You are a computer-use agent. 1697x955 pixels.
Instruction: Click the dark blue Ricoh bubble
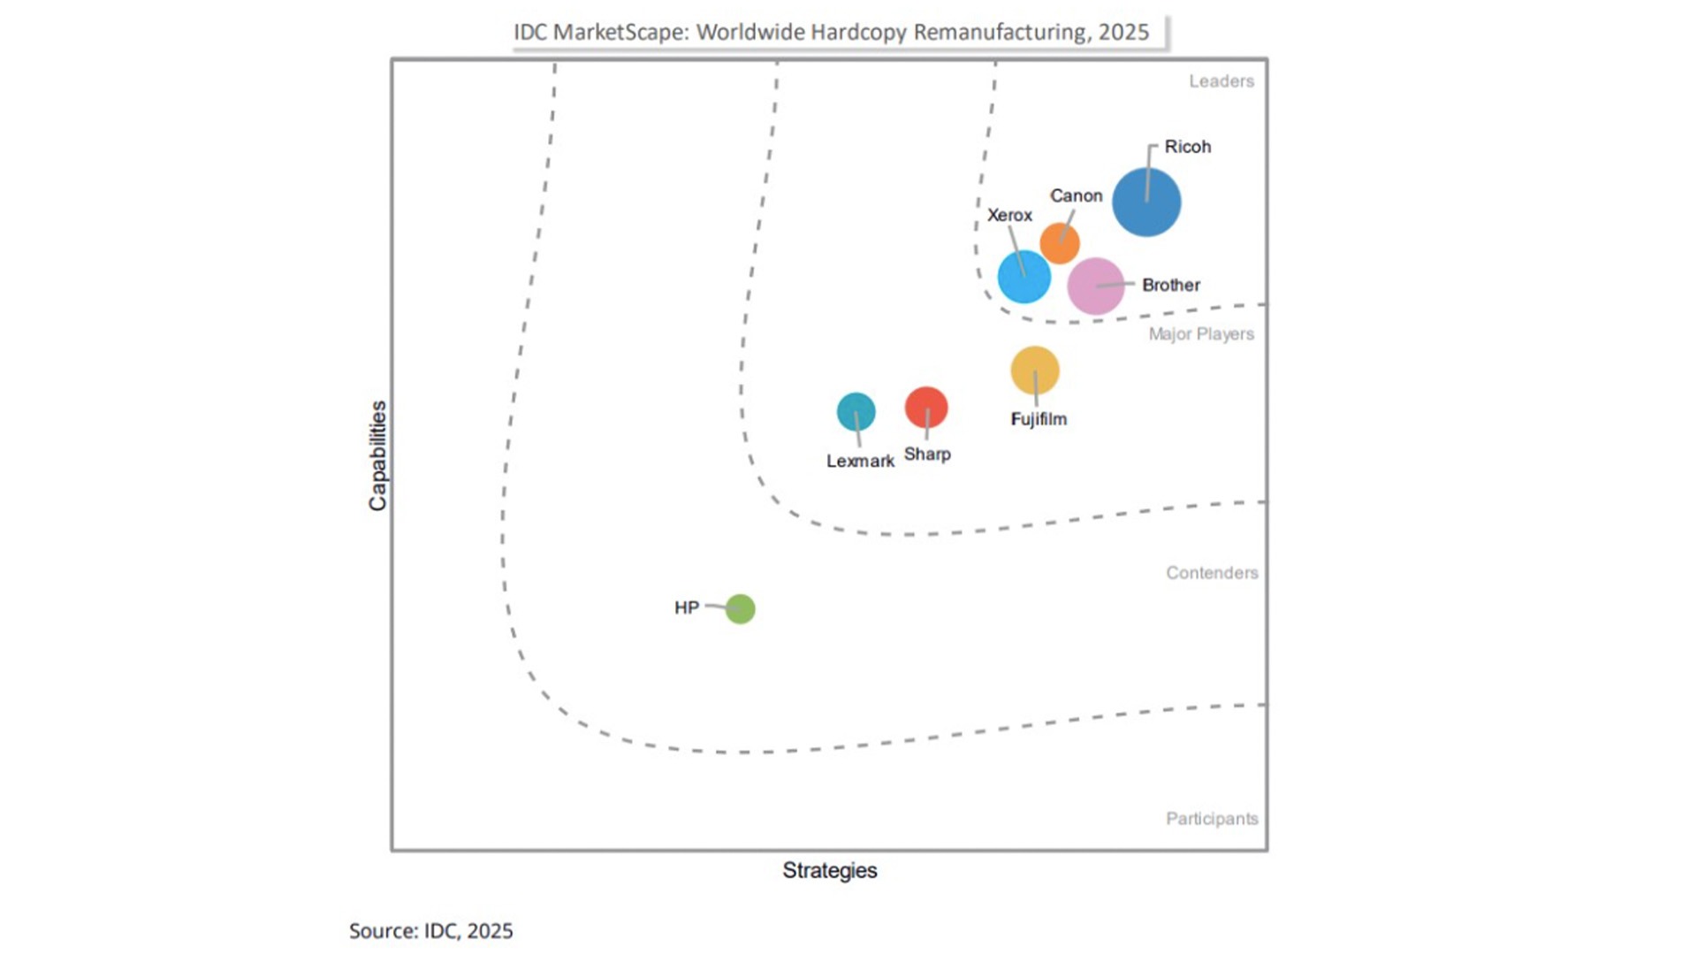click(x=1146, y=202)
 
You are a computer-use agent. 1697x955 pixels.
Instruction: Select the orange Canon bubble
click(x=1060, y=243)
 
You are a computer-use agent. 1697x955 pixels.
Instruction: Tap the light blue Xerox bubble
click(x=1024, y=277)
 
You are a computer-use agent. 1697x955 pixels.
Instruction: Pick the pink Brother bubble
click(x=1096, y=286)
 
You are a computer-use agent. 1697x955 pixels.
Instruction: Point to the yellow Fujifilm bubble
click(x=1035, y=371)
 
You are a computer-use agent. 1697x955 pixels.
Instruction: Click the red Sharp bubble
click(x=926, y=408)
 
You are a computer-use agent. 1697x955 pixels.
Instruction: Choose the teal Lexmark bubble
click(x=856, y=412)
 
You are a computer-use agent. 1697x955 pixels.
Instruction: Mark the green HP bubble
click(x=741, y=609)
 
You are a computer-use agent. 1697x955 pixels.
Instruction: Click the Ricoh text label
click(x=1188, y=147)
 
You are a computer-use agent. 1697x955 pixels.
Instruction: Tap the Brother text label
click(x=1171, y=285)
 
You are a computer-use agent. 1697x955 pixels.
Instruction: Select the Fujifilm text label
click(x=1039, y=419)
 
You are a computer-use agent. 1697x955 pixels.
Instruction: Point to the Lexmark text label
click(x=860, y=461)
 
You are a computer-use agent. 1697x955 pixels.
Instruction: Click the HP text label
click(x=687, y=607)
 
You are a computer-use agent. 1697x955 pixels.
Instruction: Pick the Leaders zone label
click(x=1221, y=81)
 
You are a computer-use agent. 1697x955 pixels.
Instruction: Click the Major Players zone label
click(x=1201, y=334)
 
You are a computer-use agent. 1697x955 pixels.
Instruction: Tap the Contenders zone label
click(x=1212, y=573)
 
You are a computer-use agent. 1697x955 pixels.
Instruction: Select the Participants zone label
click(x=1212, y=819)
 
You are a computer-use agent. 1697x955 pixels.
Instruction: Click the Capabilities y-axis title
click(x=378, y=455)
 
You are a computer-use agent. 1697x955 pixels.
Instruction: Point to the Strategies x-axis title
click(x=830, y=871)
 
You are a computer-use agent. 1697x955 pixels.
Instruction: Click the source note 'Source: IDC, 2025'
click(x=431, y=931)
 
